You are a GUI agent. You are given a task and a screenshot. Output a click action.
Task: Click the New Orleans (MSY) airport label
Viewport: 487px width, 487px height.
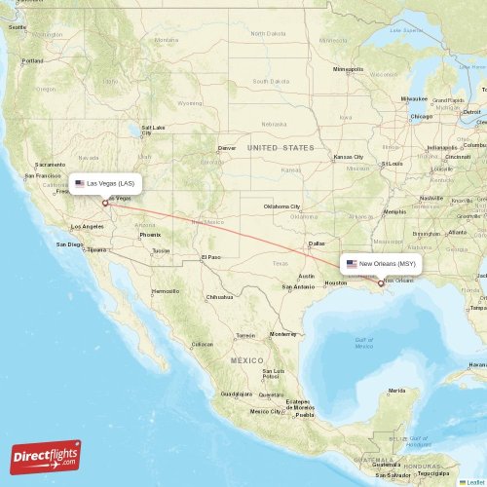381,263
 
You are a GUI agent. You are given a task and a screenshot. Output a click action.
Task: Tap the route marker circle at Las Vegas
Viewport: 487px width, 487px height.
105,204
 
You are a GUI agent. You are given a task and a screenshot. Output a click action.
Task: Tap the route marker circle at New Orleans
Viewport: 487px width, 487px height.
381,283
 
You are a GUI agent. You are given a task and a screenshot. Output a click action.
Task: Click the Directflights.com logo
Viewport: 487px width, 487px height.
46,456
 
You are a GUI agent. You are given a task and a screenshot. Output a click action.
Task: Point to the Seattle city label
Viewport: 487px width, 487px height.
18,27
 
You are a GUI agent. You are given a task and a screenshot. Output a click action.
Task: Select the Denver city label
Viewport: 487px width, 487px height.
227,148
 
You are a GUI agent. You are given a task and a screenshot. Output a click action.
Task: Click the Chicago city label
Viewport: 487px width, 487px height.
421,116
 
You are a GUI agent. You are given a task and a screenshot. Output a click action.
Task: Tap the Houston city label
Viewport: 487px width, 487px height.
335,282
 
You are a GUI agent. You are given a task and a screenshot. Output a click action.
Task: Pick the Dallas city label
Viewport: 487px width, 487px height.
317,243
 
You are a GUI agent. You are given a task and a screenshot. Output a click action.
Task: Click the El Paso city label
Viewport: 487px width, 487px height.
210,257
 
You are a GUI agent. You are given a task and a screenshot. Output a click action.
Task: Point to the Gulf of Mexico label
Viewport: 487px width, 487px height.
363,343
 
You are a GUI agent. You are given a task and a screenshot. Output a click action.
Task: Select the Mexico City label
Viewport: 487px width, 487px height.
265,410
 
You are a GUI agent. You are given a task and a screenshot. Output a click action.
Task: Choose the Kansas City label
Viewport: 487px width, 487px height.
347,157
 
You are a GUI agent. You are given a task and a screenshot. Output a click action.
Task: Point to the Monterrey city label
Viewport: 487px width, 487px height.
282,333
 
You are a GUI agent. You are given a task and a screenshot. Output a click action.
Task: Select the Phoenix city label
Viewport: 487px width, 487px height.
149,235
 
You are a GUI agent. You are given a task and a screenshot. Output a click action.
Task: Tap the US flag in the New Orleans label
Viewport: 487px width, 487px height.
352,263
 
